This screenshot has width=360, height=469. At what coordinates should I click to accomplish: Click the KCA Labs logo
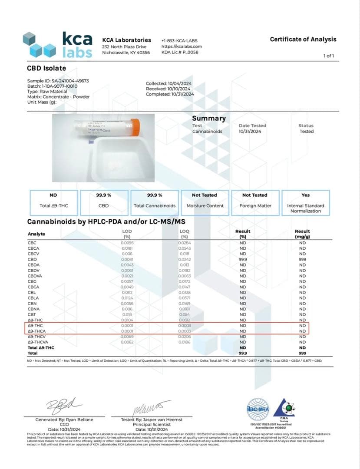pyautogui.click(x=58, y=45)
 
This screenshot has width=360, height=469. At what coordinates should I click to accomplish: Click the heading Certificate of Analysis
pyautogui.click(x=303, y=39)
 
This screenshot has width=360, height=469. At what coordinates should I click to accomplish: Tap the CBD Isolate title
pyautogui.click(x=46, y=68)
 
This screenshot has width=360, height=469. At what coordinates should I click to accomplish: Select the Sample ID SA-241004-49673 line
pyautogui.click(x=58, y=81)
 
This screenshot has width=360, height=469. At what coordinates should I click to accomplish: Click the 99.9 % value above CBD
pyautogui.click(x=104, y=195)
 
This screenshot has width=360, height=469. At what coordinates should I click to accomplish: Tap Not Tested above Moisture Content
pyautogui.click(x=205, y=195)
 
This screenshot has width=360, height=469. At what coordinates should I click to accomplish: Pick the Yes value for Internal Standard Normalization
pyautogui.click(x=305, y=195)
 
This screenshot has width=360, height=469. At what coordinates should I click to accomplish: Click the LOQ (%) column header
pyautogui.click(x=184, y=234)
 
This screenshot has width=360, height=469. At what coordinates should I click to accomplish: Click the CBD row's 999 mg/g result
pyautogui.click(x=302, y=259)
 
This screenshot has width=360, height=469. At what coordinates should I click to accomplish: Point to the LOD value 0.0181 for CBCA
pyautogui.click(x=127, y=248)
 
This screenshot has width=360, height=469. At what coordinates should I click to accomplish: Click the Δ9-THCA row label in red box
pyautogui.click(x=37, y=331)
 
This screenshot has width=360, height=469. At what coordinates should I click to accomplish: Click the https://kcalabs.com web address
pyautogui.click(x=182, y=46)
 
